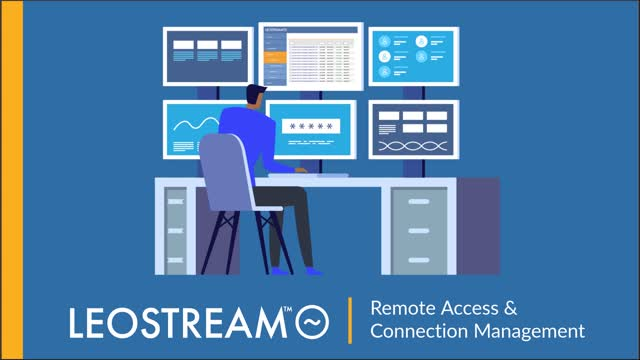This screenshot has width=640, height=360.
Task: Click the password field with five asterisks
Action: click(x=311, y=128)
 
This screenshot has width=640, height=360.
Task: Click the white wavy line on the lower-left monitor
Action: click(x=194, y=124)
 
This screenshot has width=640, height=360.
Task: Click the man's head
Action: click(x=255, y=98)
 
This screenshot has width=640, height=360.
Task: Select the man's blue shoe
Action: click(x=313, y=270)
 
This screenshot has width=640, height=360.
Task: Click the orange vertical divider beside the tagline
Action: click(x=350, y=320)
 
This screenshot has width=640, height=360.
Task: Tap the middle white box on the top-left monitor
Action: click(x=208, y=45)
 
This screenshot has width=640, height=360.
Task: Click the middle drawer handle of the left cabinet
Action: click(x=175, y=227)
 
